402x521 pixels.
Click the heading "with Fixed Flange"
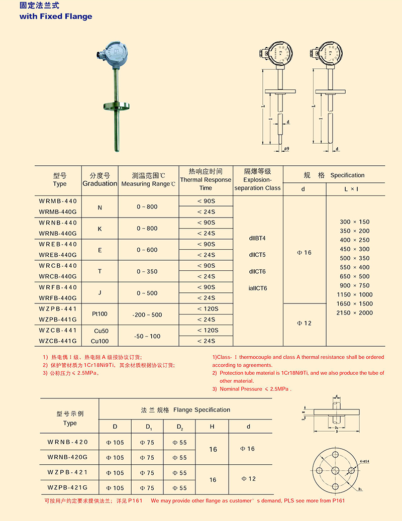pos(56,16)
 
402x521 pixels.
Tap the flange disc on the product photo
pos(116,106)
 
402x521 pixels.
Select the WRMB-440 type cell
pos(58,200)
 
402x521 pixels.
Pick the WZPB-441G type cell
pos(58,320)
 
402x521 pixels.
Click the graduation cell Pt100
pos(99,314)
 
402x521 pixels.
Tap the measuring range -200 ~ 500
pos(147,315)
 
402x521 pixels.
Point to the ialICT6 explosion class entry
pos(258,288)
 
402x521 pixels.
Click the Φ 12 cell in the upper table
pos(304,323)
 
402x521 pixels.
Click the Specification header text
pos(347,175)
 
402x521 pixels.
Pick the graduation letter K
pos(99,228)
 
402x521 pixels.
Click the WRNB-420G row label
pos(67,457)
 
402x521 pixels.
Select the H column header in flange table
pos(212,427)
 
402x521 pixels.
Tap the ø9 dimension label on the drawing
pos(286,149)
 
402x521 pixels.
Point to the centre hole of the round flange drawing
pos(335,471)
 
